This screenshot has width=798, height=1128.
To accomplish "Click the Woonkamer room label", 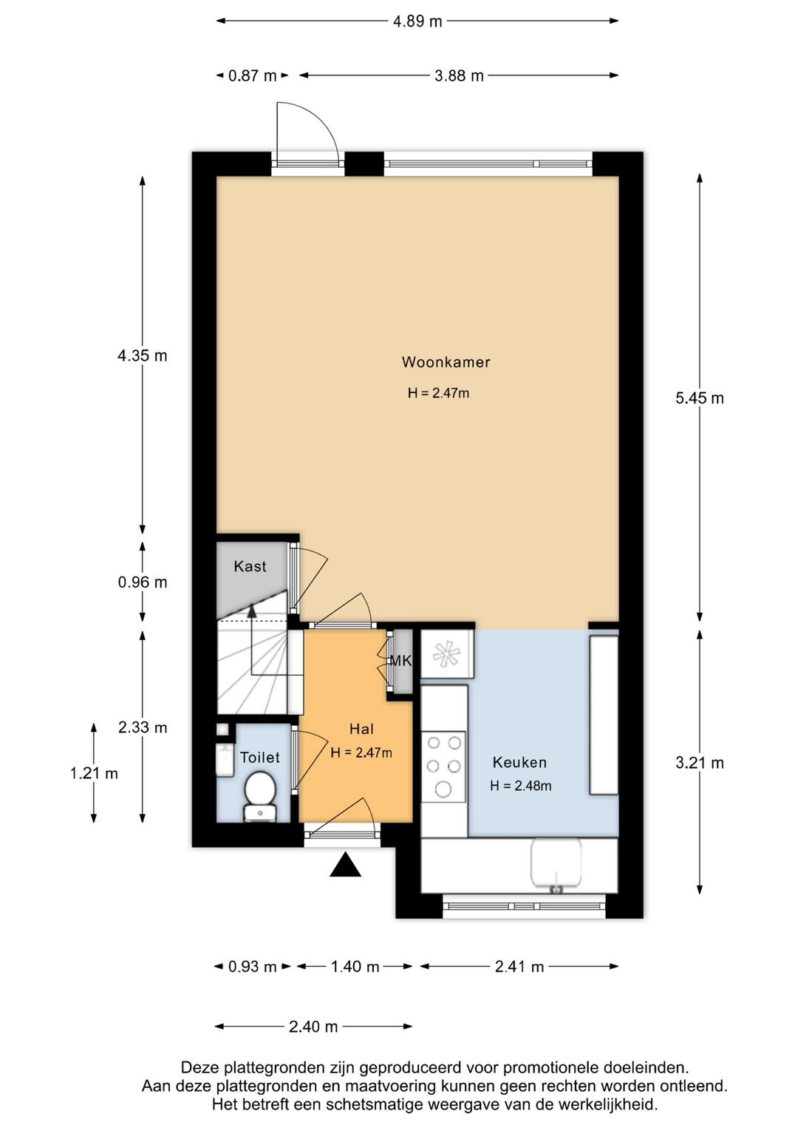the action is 446,362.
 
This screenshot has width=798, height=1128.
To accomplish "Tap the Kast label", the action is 250,566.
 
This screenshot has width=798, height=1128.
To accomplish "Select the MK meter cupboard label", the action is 400,661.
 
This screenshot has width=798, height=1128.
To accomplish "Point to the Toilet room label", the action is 260,758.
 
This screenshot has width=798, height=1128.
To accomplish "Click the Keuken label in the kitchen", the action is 519,762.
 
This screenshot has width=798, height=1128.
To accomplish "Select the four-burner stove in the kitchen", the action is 443,767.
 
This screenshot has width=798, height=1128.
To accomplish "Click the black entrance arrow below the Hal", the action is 345,865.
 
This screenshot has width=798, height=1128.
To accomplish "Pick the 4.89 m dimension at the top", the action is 417,21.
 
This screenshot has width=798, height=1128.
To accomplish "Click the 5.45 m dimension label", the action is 699,398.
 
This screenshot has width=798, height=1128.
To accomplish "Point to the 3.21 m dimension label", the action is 699,763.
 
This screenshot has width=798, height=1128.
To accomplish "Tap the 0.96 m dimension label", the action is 143,582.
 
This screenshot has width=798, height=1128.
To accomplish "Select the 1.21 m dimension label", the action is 94,773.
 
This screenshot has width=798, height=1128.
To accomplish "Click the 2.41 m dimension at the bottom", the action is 519,966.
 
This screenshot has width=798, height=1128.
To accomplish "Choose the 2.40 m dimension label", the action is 313,1026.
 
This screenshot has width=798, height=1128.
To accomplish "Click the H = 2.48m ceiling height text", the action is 521,786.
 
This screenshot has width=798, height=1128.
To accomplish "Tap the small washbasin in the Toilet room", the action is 225,760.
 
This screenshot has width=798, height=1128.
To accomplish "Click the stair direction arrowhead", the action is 252,611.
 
